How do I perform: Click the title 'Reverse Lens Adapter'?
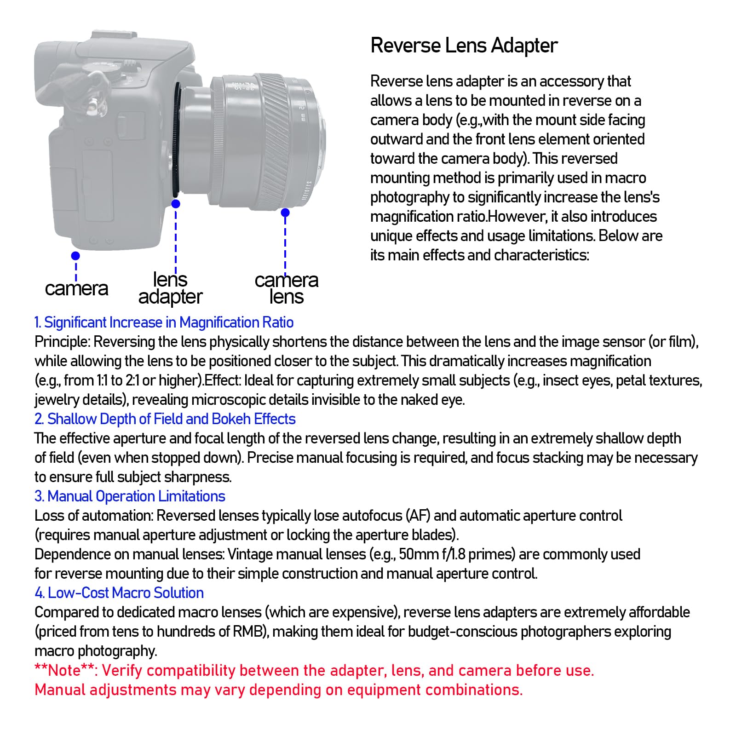464,46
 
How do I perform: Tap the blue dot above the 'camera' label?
75,255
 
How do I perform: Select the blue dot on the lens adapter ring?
176,203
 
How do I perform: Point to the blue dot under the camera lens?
285,213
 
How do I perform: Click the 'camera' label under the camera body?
76,289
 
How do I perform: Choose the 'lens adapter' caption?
170,288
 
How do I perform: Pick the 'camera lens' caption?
286,288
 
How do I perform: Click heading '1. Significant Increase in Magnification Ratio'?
164,322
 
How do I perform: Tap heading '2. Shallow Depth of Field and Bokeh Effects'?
165,419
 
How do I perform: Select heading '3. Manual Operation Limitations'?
130,496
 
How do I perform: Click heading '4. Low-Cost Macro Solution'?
119,593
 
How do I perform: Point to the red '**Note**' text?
65,670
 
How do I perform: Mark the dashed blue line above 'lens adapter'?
176,239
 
